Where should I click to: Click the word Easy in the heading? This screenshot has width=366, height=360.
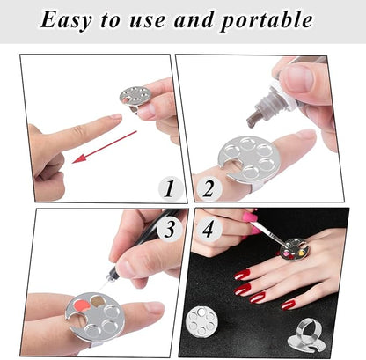pyautogui.click(x=65, y=20)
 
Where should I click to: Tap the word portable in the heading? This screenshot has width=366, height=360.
pyautogui.click(x=267, y=20)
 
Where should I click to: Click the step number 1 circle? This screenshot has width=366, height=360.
pyautogui.click(x=170, y=188)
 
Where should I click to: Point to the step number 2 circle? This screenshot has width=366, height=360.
pyautogui.click(x=209, y=188)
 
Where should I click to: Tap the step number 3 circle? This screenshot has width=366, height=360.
pyautogui.click(x=170, y=229)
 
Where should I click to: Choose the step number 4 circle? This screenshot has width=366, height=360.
pyautogui.click(x=209, y=229)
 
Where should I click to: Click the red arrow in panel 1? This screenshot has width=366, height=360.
pyautogui.click(x=105, y=147)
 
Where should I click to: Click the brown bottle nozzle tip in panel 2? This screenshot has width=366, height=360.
pyautogui.click(x=252, y=121)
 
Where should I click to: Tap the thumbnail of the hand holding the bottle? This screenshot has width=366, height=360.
pyautogui.click(x=296, y=77)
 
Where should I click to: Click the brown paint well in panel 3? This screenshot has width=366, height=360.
pyautogui.click(x=99, y=301)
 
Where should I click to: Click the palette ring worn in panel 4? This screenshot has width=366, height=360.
pyautogui.click(x=293, y=250)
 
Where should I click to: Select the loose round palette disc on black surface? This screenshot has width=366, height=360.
pyautogui.click(x=202, y=320)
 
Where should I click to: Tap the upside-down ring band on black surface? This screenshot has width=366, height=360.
pyautogui.click(x=307, y=335)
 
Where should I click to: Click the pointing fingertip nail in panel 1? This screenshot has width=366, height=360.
pyautogui.click(x=115, y=116)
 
